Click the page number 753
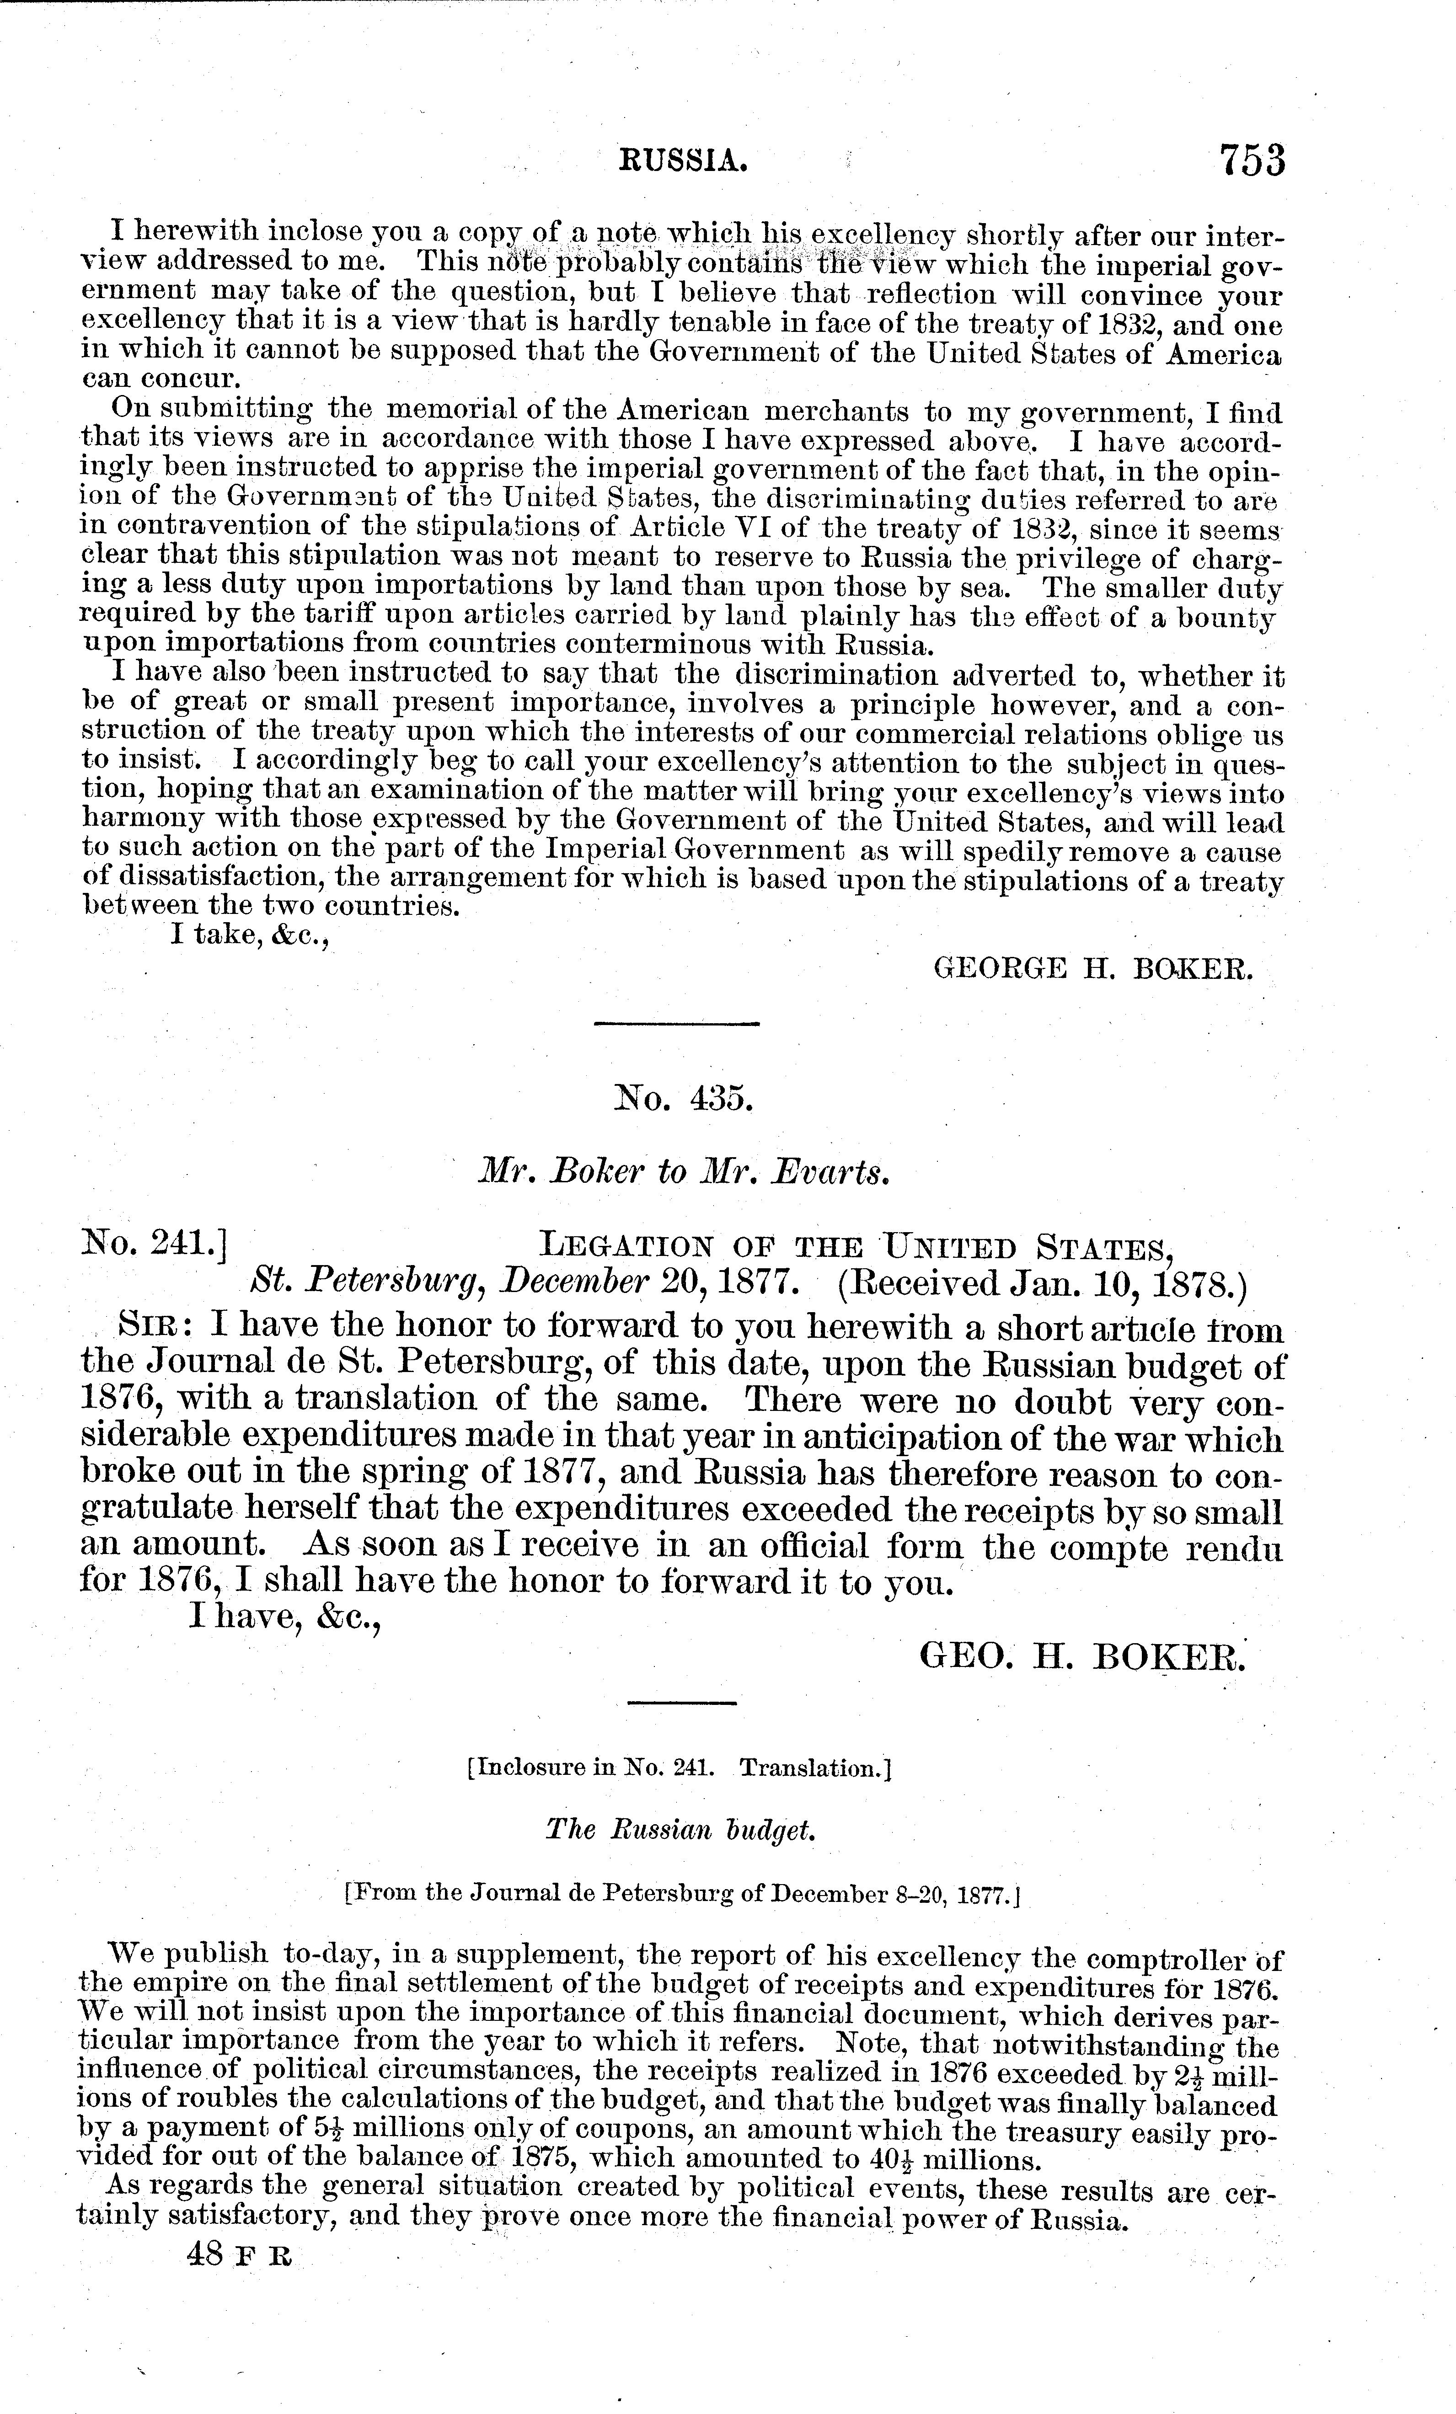coord(1250,159)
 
